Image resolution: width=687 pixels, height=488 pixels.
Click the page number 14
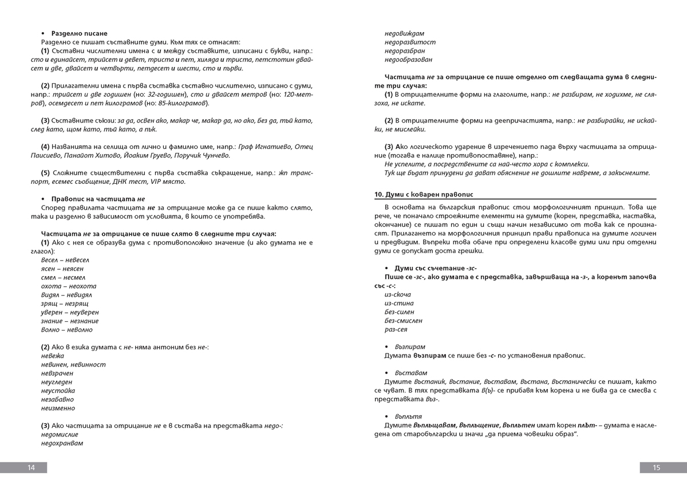click(31, 467)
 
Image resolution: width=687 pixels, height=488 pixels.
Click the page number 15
click(656, 467)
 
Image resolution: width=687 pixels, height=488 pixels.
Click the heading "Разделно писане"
click(79, 34)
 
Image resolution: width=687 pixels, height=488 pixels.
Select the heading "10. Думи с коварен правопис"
click(428, 194)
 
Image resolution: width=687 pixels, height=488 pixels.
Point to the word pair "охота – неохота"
click(69, 286)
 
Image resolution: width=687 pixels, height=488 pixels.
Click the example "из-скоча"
click(397, 294)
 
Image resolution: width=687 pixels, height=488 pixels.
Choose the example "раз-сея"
click(396, 330)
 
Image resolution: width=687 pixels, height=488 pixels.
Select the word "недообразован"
click(408, 60)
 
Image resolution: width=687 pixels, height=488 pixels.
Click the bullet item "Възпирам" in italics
click(409, 347)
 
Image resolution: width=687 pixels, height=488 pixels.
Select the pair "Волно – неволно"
click(66, 330)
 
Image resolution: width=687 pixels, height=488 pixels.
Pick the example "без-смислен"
click(404, 321)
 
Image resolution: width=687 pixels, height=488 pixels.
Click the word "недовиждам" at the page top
click(404, 33)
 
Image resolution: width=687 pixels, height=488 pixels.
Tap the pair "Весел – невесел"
click(65, 259)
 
